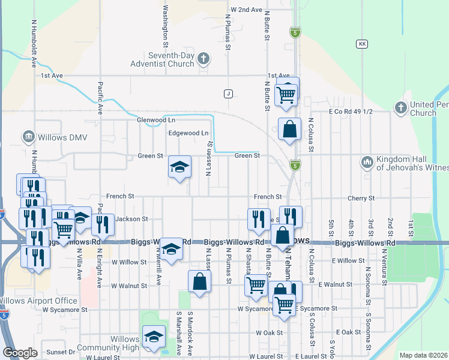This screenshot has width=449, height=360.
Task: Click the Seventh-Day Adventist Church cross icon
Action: pyautogui.click(x=204, y=59)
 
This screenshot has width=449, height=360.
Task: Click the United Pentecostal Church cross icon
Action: pyautogui.click(x=401, y=107)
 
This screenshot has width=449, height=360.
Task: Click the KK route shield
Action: pyautogui.click(x=361, y=44)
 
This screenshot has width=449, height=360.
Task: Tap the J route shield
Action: pyautogui.click(x=228, y=94)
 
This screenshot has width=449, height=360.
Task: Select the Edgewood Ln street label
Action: pyautogui.click(x=188, y=133)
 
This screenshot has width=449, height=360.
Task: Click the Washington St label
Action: pyautogui.click(x=165, y=26)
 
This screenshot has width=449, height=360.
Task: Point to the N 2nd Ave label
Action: pyautogui.click(x=247, y=10)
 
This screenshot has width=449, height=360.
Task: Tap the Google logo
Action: pyautogui.click(x=20, y=353)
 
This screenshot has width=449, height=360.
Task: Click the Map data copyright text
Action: pyautogui.click(x=423, y=355)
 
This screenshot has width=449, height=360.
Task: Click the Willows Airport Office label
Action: pyautogui.click(x=38, y=301)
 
